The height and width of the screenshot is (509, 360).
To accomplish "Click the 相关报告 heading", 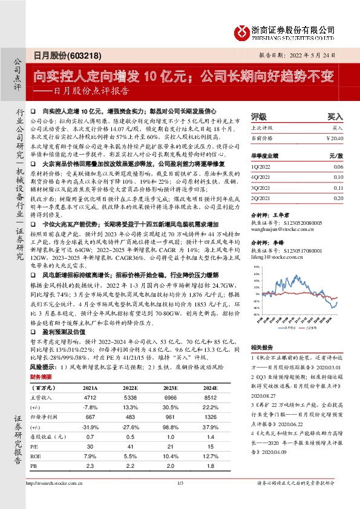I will [263, 348].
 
